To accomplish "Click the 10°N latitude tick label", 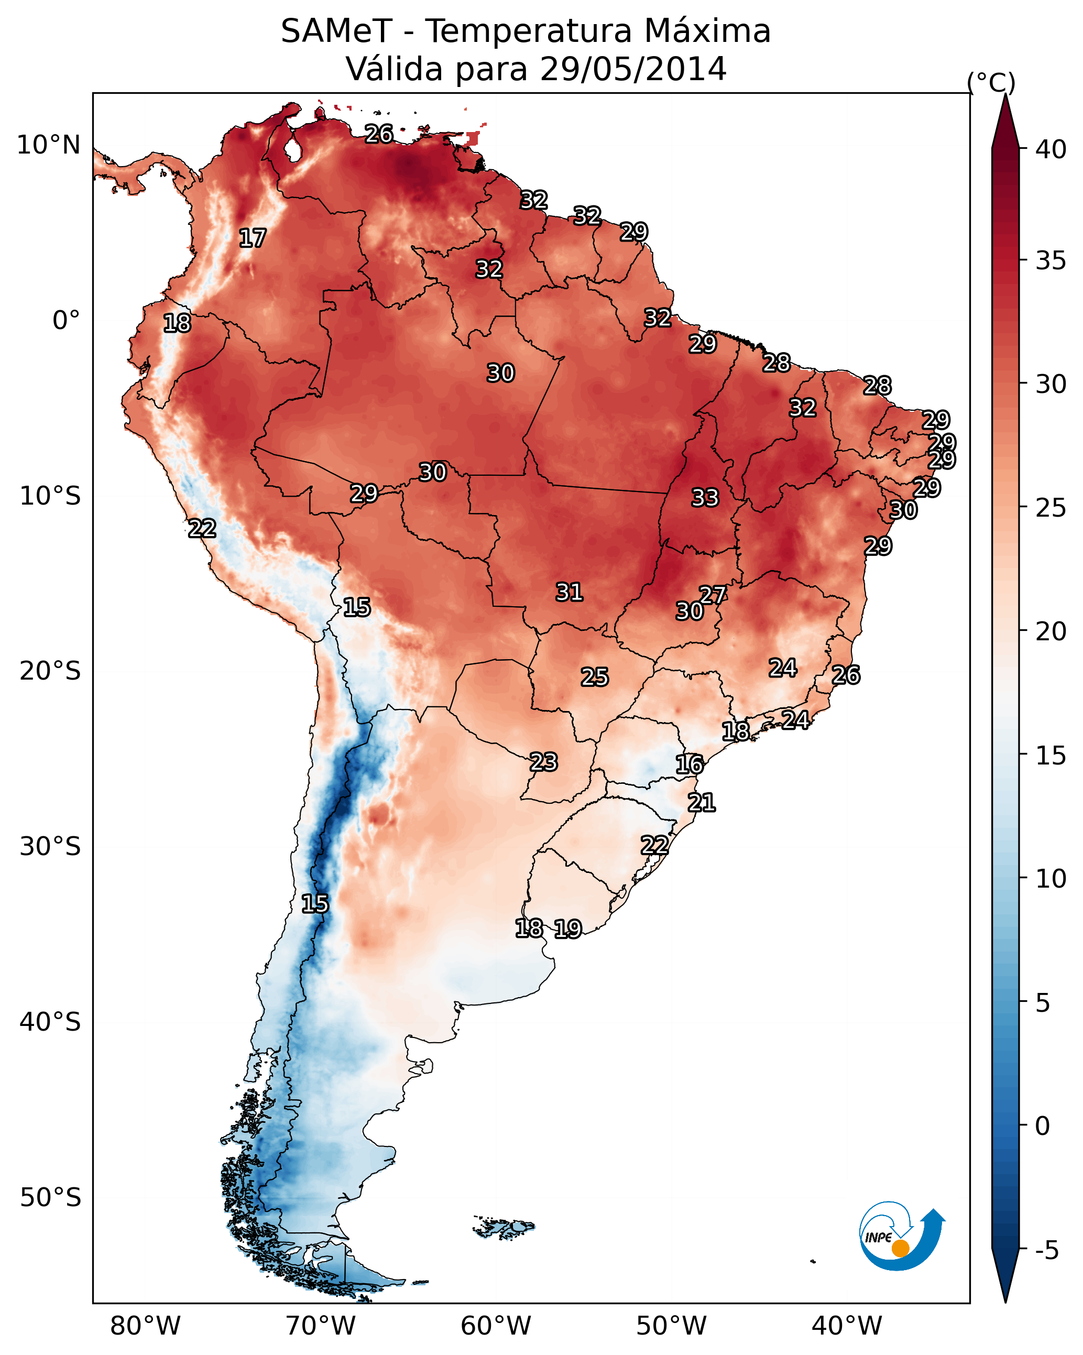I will click(x=48, y=145).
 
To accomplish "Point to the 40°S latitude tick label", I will click(x=50, y=1022).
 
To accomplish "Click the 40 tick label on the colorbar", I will click(x=1051, y=149).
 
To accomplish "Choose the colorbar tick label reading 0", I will click(x=1042, y=1125).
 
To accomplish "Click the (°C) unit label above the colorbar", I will click(x=991, y=82).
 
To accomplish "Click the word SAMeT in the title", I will click(x=336, y=31).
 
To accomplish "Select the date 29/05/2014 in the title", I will click(x=633, y=69).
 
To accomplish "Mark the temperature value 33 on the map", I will click(x=705, y=498).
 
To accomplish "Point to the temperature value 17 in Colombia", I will click(x=253, y=238).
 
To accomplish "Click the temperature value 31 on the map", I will click(x=570, y=592).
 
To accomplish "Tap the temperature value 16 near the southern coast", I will click(x=690, y=765).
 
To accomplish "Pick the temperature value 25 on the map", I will click(x=595, y=677).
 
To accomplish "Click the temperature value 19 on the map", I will click(x=568, y=929).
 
